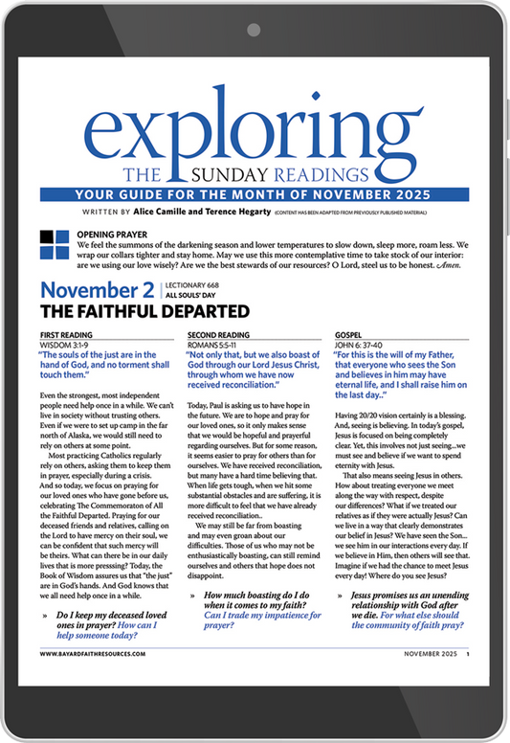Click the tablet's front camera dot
coord(255,29)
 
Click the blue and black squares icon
coord(54,240)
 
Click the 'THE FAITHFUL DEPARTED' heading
coord(144,312)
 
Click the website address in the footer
coord(93,655)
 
